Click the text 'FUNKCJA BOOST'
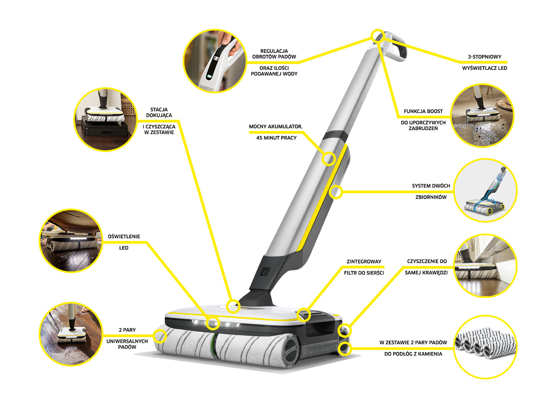click(x=423, y=111)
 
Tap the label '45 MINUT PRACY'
click(x=276, y=138)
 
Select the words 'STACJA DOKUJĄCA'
click(x=159, y=112)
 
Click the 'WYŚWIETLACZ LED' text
click(x=484, y=68)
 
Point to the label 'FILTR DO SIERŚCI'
click(x=364, y=273)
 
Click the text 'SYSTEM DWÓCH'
click(x=431, y=186)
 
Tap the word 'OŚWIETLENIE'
click(x=124, y=237)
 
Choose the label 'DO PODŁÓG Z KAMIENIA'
click(x=413, y=354)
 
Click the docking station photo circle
click(x=105, y=119)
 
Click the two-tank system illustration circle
click(x=485, y=190)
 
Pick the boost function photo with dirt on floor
click(x=482, y=115)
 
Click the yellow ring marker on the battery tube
click(x=328, y=159)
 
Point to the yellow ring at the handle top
click(x=377, y=36)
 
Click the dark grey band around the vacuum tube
click(x=335, y=136)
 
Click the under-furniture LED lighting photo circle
click(x=71, y=240)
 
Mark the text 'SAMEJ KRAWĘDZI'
click(x=426, y=272)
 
